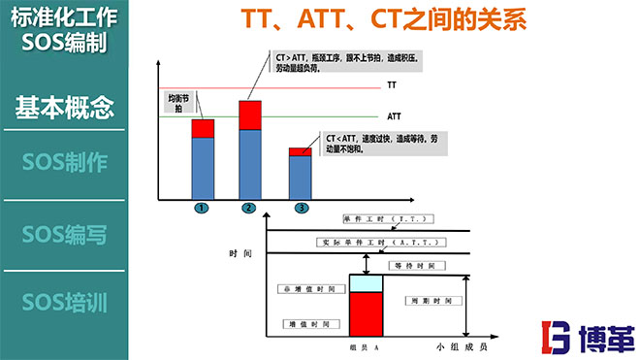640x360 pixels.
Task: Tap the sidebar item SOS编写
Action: click(x=64, y=234)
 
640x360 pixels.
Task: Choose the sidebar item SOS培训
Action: click(x=64, y=302)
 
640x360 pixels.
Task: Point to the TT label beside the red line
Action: click(x=393, y=85)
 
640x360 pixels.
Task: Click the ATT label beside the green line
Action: click(x=395, y=116)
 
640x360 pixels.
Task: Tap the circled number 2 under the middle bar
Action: click(x=249, y=208)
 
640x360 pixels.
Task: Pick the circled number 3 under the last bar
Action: click(x=302, y=208)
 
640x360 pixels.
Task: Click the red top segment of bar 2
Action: click(x=250, y=115)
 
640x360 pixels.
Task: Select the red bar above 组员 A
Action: click(x=366, y=313)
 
